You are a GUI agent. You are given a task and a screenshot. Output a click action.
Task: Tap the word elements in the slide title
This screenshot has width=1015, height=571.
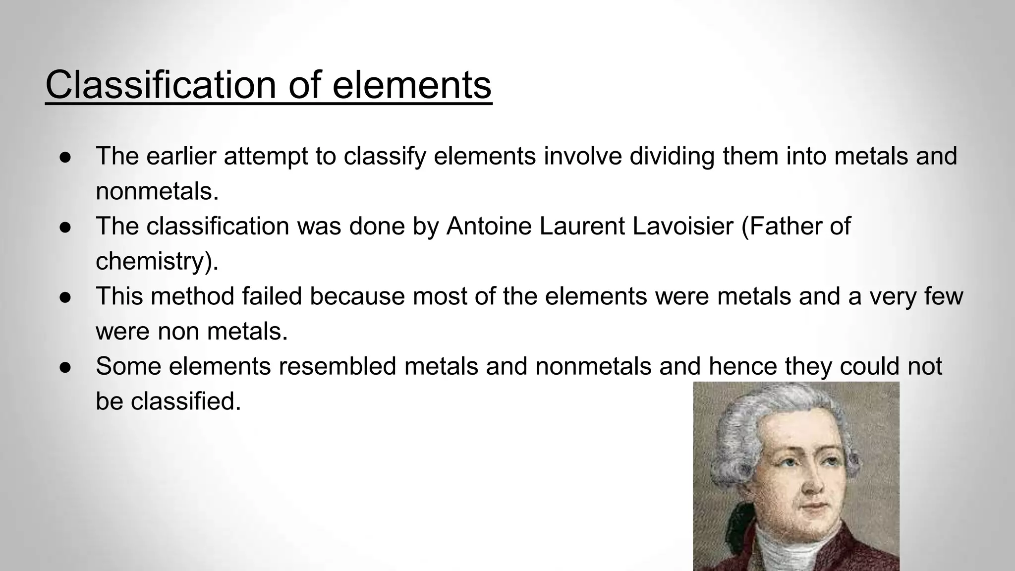click(x=411, y=85)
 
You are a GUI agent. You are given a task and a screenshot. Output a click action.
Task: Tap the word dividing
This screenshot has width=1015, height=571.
click(x=672, y=156)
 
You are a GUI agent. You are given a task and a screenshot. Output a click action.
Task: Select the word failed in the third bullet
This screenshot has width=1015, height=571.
click(x=272, y=296)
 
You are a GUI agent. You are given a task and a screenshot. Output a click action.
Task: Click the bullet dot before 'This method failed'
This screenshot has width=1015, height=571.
click(x=66, y=297)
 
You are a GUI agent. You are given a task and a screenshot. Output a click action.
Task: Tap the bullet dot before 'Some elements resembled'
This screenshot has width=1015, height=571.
click(x=66, y=367)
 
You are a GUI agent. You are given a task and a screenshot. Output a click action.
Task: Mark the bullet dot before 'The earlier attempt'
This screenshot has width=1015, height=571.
click(x=66, y=157)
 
